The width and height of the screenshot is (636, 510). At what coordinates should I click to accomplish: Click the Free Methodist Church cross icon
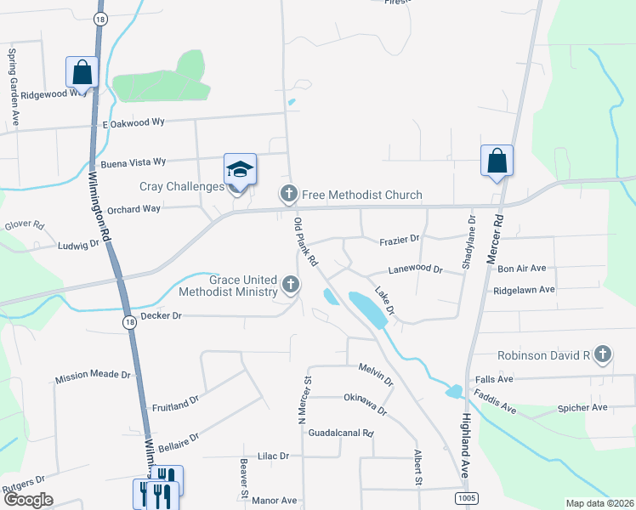tap(289, 195)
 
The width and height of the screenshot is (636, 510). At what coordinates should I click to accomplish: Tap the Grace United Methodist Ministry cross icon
tap(292, 285)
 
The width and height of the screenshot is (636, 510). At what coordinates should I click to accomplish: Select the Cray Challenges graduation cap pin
tap(240, 169)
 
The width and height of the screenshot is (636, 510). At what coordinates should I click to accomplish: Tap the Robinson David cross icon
tap(603, 354)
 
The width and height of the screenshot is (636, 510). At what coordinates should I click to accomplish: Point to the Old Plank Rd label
tap(305, 241)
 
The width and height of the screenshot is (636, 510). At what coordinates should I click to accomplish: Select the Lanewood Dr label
tap(416, 269)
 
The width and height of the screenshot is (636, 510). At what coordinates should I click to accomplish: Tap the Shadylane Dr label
tap(468, 242)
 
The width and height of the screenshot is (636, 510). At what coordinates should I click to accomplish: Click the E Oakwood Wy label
tap(133, 122)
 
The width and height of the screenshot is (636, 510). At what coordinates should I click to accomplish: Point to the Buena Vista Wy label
tap(133, 162)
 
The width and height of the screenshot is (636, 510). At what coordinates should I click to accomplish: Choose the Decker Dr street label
tap(162, 315)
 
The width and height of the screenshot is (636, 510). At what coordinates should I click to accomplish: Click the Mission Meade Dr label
tap(93, 375)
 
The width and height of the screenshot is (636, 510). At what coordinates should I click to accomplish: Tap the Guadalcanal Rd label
tap(341, 433)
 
